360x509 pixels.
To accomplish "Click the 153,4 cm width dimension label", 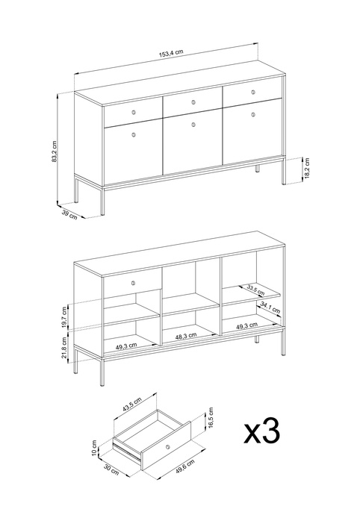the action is point(171,54).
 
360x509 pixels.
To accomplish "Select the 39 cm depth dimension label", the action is point(69,215).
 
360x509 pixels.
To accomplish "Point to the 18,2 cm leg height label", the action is point(307,168).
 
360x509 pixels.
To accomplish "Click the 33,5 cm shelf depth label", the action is point(255,290).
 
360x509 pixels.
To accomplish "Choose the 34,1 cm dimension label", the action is point(270,308).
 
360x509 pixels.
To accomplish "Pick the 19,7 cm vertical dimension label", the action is point(64,316).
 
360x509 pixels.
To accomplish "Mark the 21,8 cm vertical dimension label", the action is point(64,347).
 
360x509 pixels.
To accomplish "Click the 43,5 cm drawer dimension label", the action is point(132,405).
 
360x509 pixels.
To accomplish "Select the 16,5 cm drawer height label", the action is point(211,419).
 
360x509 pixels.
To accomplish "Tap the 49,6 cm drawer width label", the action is point(185,466).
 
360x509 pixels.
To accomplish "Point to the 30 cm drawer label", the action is point(111,469).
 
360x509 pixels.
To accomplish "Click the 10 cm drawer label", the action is point(94,448).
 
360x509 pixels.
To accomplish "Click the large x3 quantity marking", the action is point(262,431).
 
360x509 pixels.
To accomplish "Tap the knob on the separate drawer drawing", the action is point(167,448).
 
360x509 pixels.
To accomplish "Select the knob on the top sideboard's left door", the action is point(134,135).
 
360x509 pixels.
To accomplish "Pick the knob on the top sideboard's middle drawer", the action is point(193,102).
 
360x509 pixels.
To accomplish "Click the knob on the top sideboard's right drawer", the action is point(253,93).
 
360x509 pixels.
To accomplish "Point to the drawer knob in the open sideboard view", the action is point(133,283).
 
